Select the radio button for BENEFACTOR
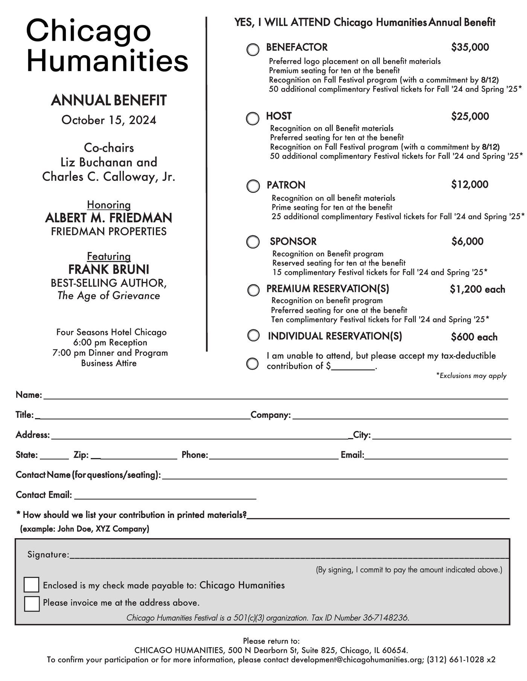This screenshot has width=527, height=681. click(253, 50)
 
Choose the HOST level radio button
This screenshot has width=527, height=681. click(253, 118)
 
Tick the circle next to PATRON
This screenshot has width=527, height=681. click(253, 186)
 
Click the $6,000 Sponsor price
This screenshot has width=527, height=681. click(467, 241)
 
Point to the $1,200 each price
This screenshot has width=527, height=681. click(477, 289)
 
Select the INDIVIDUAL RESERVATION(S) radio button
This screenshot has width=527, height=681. click(253, 335)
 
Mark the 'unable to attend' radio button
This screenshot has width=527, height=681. click(252, 364)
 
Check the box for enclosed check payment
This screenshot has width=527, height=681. click(32, 585)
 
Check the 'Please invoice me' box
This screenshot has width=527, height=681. click(32, 604)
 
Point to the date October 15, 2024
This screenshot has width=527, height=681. click(109, 120)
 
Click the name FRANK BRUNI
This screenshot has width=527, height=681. click(109, 270)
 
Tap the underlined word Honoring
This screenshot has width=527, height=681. click(109, 205)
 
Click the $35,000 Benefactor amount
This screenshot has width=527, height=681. click(470, 47)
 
